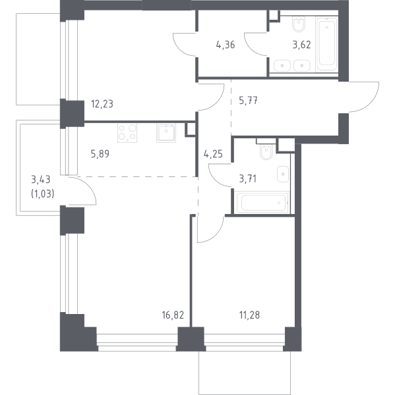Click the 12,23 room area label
point(102,104)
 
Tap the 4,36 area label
point(226,45)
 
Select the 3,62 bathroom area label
point(301,45)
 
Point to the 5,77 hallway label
point(248,101)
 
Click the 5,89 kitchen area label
point(100,153)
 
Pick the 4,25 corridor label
point(213,153)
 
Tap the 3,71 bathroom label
point(247,179)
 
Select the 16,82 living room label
point(173,315)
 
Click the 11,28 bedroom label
point(249,315)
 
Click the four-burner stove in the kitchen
point(127,133)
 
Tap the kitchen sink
point(166,133)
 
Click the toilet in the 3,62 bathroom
point(299,24)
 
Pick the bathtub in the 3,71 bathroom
point(262,203)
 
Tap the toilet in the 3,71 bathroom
point(266,152)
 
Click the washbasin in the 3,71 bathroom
point(283,174)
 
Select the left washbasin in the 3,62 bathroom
point(282,65)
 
